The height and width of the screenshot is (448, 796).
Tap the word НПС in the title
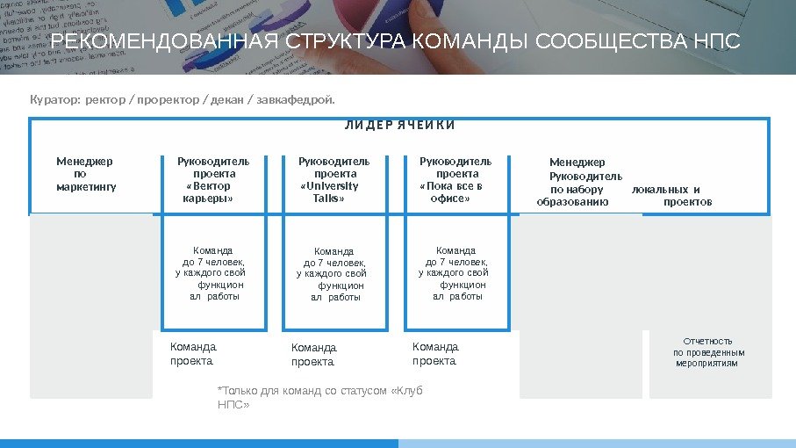click(718, 42)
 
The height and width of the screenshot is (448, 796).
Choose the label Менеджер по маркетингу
click(85, 174)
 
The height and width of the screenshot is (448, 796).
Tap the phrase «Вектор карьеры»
click(208, 192)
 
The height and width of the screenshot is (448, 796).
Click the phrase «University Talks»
click(329, 192)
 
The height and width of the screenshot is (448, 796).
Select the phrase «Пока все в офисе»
click(451, 192)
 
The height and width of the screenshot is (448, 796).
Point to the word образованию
click(572, 202)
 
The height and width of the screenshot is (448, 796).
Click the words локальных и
click(666, 189)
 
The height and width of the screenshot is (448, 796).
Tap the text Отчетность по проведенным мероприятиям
click(707, 351)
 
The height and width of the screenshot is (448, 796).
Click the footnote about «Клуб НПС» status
click(319, 397)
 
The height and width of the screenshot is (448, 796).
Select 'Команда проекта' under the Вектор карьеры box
click(192, 353)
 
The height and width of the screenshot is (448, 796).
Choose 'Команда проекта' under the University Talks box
click(313, 354)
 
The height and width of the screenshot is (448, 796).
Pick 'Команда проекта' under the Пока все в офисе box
click(435, 353)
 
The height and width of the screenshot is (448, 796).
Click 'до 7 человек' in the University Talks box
click(334, 263)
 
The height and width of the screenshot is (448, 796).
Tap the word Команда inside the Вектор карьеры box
click(213, 250)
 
